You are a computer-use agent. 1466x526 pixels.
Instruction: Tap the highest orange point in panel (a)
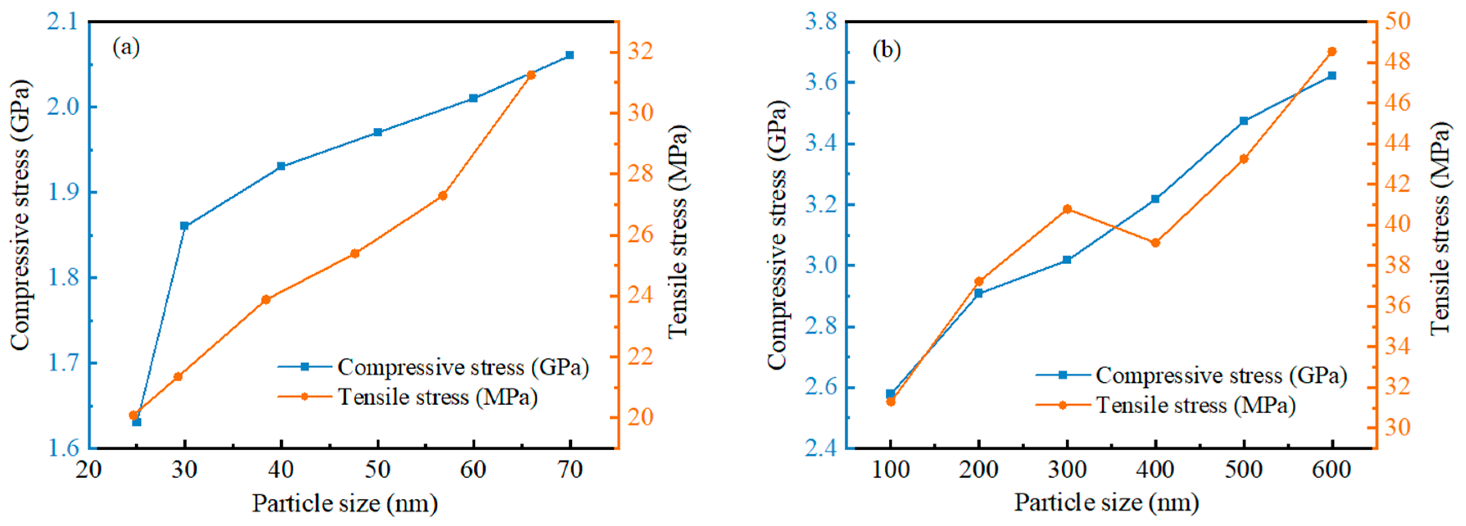coord(531,75)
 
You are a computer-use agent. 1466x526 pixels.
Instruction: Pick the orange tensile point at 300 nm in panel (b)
coord(1067,209)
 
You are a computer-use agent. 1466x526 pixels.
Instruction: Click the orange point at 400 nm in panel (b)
coord(1155,243)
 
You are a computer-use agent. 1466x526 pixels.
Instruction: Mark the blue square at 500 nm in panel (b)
coord(1244,121)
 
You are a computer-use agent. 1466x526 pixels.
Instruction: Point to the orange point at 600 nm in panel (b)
coord(1332,52)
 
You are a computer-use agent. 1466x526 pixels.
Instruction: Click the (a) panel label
coord(126,47)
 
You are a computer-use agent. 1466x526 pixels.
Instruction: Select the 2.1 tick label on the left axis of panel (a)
coord(61,22)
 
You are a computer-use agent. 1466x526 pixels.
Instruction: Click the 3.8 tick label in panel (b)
coord(820,22)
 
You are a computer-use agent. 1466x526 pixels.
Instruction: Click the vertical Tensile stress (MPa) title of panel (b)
coord(1440,228)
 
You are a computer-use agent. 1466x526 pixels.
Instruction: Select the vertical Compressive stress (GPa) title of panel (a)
coord(20,215)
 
